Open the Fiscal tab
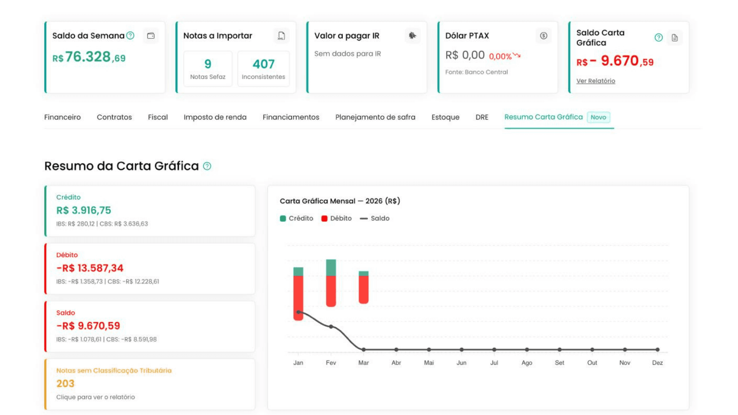pos(158,117)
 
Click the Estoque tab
pos(445,117)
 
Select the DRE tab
pos(482,117)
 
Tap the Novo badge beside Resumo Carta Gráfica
pos(598,117)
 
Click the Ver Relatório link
pos(595,81)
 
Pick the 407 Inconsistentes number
pos(263,64)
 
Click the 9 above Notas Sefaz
pos(208,64)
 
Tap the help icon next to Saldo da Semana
pos(130,36)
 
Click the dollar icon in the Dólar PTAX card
pos(543,36)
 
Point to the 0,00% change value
pos(500,56)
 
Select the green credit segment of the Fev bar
pos(331,268)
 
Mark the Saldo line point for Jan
pos(298,312)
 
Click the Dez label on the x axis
pos(657,363)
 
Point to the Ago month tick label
pos(527,363)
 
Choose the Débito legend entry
pos(337,218)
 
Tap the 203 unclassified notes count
pos(65,383)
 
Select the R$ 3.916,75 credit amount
pos(83,210)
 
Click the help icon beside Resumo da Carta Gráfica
pos(207,166)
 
